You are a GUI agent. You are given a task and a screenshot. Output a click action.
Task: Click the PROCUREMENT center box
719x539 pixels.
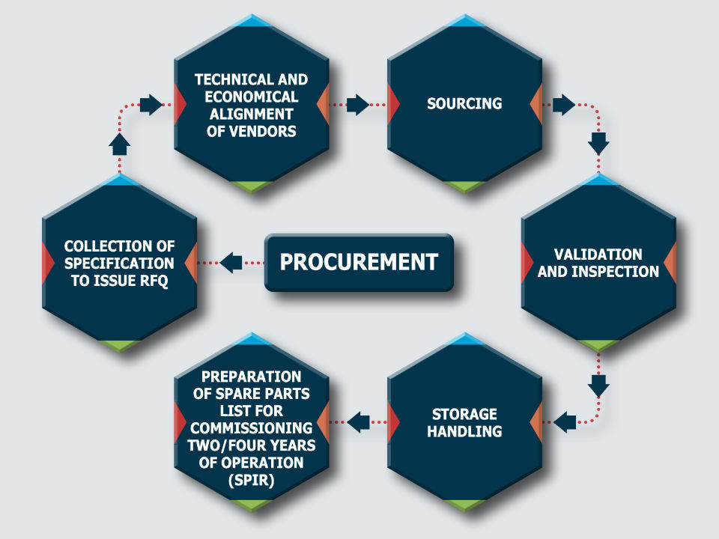(359, 262)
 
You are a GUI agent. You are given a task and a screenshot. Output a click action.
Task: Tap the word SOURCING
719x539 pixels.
(464, 104)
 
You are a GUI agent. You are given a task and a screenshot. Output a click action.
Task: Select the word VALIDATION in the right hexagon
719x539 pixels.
(598, 255)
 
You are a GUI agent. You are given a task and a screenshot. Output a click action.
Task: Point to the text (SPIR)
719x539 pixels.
(251, 480)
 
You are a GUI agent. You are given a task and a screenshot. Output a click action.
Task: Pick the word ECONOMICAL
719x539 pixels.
(251, 97)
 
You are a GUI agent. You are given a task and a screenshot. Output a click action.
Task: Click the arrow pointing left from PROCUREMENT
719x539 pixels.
(232, 262)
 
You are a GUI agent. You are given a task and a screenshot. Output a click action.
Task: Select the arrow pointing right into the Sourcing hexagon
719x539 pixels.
(359, 104)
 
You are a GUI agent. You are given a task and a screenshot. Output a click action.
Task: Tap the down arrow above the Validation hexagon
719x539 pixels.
(598, 141)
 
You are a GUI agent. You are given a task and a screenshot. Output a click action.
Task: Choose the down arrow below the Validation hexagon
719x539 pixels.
(598, 386)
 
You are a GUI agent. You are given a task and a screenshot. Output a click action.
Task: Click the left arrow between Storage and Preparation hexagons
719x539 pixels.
(359, 422)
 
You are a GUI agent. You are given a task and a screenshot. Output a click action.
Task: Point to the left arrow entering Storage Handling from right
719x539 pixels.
(563, 422)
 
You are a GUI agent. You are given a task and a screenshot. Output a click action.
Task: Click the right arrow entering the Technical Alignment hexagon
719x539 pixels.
(151, 104)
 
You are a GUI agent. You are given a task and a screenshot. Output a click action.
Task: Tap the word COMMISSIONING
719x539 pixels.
(251, 428)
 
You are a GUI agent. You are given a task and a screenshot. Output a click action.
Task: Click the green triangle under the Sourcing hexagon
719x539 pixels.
(464, 186)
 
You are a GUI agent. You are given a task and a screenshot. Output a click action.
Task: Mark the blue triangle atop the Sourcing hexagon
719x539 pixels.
(464, 20)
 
